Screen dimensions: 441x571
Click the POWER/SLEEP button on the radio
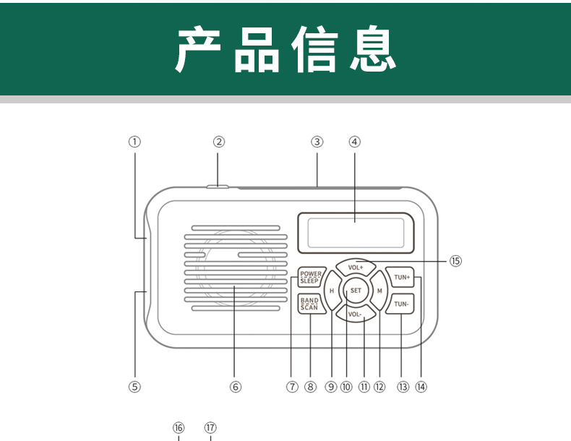click(311, 277)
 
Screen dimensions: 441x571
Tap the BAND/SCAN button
click(309, 304)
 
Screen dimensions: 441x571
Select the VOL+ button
click(356, 267)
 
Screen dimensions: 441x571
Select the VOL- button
click(355, 314)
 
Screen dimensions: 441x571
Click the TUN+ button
click(402, 278)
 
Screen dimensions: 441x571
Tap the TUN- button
click(402, 304)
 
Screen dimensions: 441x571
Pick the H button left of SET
click(332, 291)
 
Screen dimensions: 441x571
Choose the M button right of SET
click(379, 291)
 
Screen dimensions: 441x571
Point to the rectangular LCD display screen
click(354, 231)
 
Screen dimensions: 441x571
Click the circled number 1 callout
click(134, 142)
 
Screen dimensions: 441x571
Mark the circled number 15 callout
click(455, 261)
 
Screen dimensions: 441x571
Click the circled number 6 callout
click(235, 387)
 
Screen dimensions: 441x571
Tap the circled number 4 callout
click(354, 142)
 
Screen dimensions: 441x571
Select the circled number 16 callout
click(179, 427)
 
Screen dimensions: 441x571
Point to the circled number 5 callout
click(134, 387)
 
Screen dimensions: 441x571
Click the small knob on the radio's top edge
click(217, 187)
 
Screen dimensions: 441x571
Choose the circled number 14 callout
click(421, 387)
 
